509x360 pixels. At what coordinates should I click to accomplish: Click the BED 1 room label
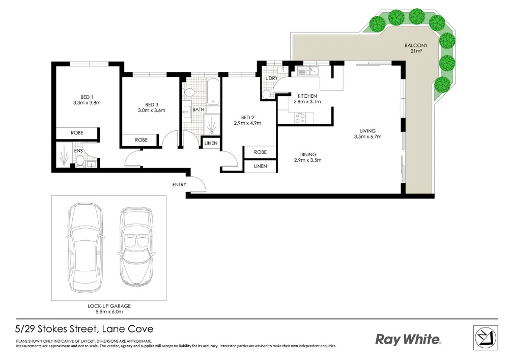(x=86, y=97)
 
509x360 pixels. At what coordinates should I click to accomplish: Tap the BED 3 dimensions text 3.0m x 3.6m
(x=151, y=110)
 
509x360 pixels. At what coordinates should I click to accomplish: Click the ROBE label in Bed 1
(x=77, y=133)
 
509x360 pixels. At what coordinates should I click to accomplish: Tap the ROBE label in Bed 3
(x=141, y=140)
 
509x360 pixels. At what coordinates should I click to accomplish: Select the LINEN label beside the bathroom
(x=211, y=144)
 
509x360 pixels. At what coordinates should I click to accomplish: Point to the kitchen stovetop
(x=300, y=118)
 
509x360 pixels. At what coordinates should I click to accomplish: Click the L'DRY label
(x=270, y=78)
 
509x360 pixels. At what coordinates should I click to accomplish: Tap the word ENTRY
(x=179, y=185)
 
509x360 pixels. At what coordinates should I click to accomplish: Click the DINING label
(x=307, y=155)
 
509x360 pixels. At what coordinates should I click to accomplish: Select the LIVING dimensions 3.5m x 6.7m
(x=368, y=137)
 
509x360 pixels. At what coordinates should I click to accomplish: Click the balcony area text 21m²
(x=416, y=51)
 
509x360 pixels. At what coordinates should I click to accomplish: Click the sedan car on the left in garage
(x=85, y=250)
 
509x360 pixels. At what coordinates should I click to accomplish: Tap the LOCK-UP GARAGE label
(x=109, y=306)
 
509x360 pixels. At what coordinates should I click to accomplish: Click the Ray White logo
(x=408, y=340)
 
